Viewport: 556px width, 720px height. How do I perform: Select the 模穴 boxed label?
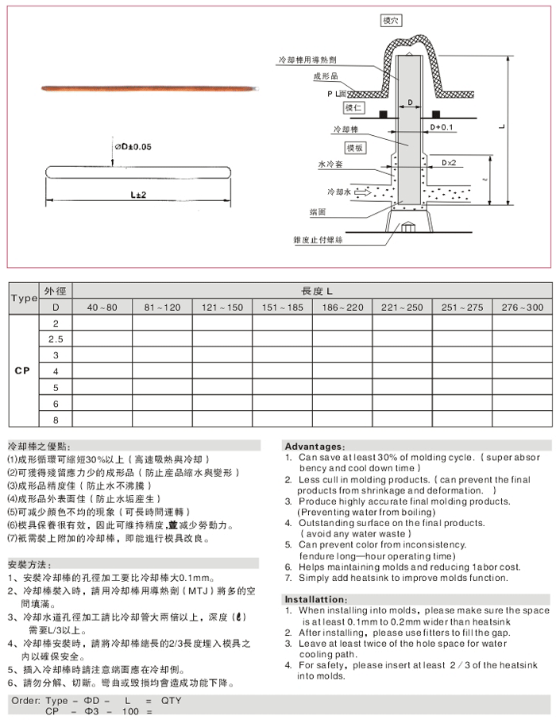tap(391, 21)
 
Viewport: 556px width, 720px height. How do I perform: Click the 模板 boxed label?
tap(354, 149)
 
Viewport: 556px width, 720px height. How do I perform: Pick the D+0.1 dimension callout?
tap(442, 126)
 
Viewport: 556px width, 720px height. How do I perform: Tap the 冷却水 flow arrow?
tap(361, 192)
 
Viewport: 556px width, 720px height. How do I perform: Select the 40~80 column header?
tap(102, 308)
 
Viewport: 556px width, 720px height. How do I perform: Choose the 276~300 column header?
tap(522, 308)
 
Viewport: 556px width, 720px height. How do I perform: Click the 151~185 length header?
tap(282, 308)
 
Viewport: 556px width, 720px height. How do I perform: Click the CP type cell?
tap(23, 371)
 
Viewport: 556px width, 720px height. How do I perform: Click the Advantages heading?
tap(315, 447)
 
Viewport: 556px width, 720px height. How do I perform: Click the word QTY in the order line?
tap(172, 700)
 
